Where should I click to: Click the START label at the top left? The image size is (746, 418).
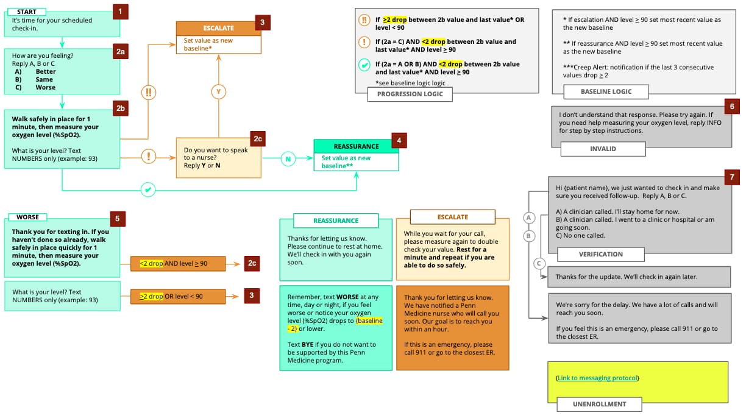point(27,12)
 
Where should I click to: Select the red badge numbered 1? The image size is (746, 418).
point(121,11)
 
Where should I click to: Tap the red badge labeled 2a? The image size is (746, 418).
point(121,52)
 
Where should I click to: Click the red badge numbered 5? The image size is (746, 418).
point(118,218)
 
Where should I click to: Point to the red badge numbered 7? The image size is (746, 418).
point(731,177)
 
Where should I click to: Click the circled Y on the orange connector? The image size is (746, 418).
point(219,92)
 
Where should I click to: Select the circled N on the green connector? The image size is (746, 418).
point(289,159)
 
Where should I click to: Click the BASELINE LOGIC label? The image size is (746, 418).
point(606,91)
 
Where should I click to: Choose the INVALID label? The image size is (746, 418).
point(603,149)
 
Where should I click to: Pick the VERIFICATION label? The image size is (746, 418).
point(600,254)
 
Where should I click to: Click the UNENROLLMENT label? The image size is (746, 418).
point(599,403)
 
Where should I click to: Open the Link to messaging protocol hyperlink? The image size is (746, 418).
point(597,378)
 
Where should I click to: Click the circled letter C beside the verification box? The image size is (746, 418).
point(538,263)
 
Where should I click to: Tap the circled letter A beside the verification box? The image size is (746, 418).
point(528,218)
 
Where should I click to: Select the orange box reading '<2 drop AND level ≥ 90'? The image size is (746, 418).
point(178,263)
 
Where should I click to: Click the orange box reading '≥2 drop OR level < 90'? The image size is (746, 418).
point(178,296)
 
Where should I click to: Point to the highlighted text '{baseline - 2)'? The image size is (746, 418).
point(369,324)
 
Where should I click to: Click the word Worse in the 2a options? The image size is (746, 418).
point(44,87)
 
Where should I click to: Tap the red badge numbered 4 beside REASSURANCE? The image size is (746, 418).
point(399,141)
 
